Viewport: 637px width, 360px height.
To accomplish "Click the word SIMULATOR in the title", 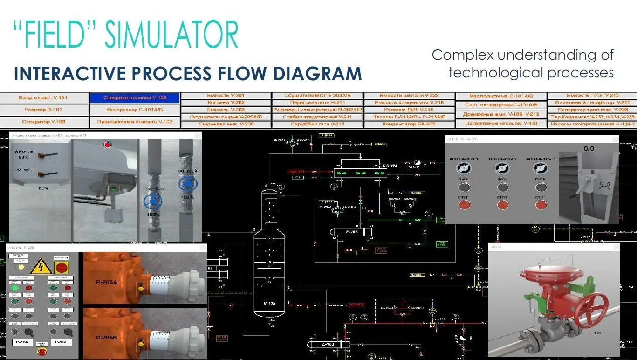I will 172,34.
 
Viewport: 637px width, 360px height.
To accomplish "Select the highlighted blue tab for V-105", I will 135,98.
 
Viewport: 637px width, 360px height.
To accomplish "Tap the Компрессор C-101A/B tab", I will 135,110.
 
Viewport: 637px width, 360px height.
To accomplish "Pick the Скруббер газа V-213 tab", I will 317,124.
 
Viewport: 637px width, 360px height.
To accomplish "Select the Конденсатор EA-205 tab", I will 409,124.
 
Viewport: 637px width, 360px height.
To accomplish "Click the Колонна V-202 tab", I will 226,102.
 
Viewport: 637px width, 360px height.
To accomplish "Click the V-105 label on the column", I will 269,304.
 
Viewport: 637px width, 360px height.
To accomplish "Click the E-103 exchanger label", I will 328,345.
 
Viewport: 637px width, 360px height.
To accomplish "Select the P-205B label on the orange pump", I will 107,337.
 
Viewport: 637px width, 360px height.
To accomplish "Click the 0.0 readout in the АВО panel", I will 589,148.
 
